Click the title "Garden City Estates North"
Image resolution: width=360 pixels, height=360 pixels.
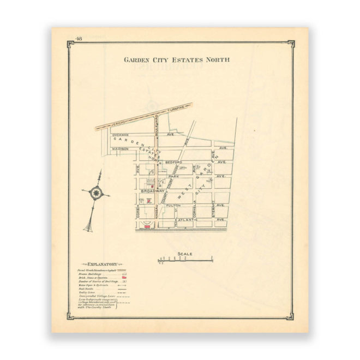tap(176, 59)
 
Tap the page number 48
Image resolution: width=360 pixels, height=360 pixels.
tap(79, 39)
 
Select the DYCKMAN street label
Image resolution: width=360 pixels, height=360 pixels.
tap(119, 134)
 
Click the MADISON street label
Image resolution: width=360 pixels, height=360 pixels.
tap(119, 148)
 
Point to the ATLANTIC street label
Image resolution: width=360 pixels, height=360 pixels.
tap(185, 220)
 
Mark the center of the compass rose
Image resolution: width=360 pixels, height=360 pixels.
tap(97, 193)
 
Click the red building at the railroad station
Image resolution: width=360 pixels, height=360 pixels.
tap(145, 226)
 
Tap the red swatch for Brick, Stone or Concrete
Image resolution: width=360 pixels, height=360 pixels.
tap(123, 278)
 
